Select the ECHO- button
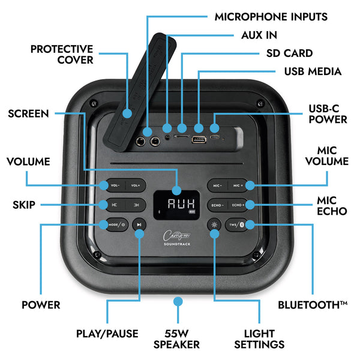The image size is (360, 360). click(217, 205)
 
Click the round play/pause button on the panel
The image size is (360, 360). click(139, 226)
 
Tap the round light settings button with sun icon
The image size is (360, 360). click(214, 226)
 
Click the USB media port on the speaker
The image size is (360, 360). click(197, 140)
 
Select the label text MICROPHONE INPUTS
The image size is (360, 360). click(271, 16)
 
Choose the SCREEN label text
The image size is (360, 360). click(28, 113)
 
